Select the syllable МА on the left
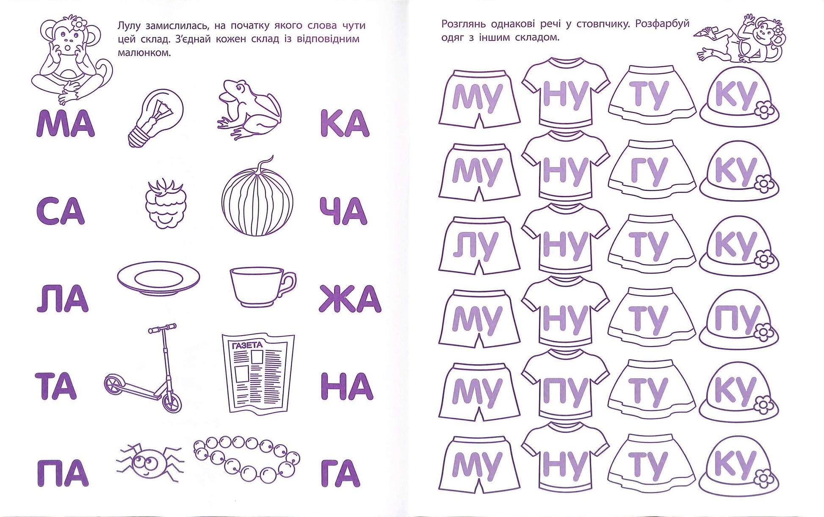pos(66,123)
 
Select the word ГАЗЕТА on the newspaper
pos(248,345)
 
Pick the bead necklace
pos(247,461)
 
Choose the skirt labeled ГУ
pos(652,170)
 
